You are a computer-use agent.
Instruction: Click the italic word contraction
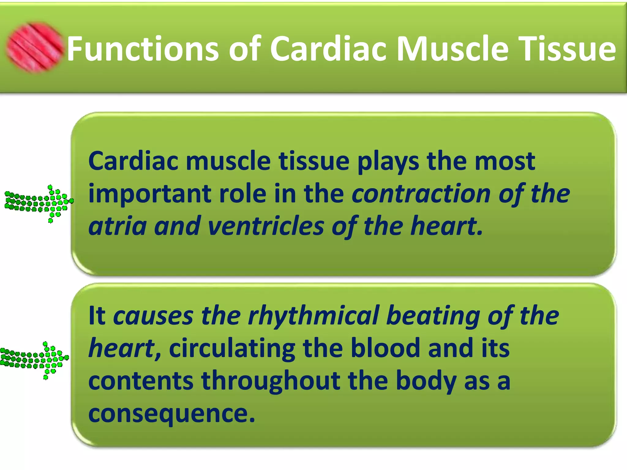tap(421, 194)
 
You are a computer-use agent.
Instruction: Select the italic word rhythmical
tap(313, 316)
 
